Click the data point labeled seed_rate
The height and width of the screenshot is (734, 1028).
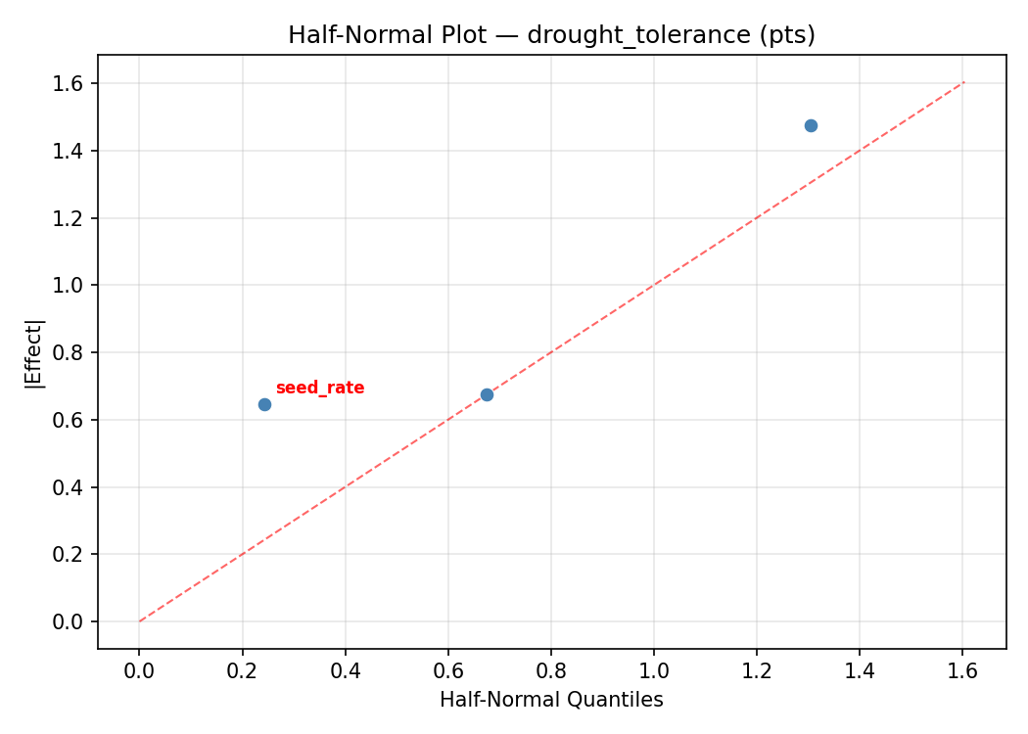tap(264, 404)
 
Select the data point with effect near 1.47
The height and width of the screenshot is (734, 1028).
tap(811, 125)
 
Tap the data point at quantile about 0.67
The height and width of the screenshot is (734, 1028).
tap(487, 394)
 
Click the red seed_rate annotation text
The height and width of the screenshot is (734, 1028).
tap(320, 389)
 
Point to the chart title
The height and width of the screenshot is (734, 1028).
tap(551, 35)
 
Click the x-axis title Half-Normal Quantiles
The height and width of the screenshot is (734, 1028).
tap(551, 700)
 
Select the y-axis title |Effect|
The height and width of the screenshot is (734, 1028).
tap(35, 352)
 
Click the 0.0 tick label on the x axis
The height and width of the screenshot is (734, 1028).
tap(139, 670)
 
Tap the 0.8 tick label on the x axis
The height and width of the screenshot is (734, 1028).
tap(551, 670)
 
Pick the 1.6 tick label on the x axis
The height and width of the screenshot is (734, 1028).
tap(962, 670)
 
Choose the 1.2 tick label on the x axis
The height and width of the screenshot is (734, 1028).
tap(757, 670)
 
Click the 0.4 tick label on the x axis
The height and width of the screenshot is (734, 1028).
tap(345, 670)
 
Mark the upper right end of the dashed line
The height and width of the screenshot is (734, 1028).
tap(964, 82)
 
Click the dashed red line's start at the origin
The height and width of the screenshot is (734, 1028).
tap(140, 621)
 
